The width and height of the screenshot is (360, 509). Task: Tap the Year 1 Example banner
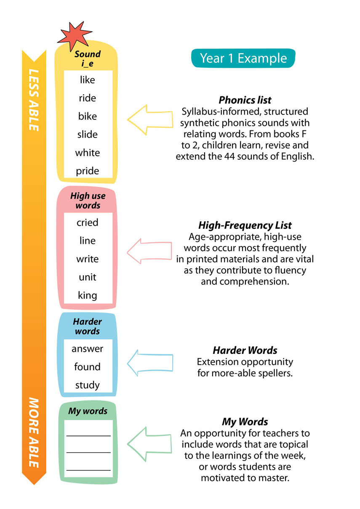243,58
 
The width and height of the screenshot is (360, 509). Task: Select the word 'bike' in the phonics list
88,116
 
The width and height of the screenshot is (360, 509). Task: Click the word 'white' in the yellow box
88,152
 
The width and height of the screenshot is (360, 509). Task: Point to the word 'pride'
88,171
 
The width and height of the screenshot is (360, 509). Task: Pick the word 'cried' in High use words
88,223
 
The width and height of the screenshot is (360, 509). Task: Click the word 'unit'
88,277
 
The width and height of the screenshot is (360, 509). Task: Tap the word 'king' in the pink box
88,295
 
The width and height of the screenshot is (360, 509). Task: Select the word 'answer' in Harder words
88,349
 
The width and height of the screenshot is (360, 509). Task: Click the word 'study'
88,384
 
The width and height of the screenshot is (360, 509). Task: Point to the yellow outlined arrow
149,122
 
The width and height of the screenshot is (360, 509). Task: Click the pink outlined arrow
149,252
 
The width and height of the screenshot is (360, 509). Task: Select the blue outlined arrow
149,361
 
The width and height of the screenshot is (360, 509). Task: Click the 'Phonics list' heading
245,100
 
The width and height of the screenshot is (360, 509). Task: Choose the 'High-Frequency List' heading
245,225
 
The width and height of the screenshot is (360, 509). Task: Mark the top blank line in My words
88,435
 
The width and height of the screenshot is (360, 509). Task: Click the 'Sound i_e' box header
88,58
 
